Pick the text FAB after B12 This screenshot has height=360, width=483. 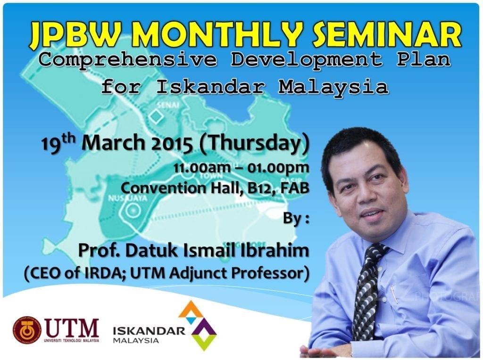[295, 187]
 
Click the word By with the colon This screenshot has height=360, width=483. [296, 219]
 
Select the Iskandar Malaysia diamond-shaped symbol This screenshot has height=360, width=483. [198, 325]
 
